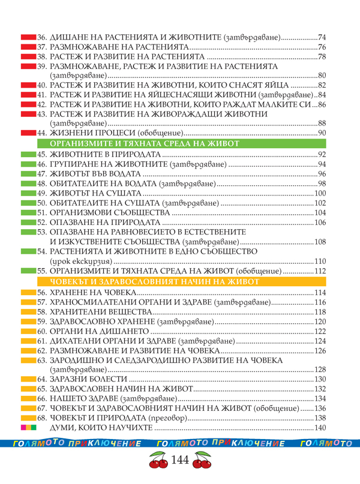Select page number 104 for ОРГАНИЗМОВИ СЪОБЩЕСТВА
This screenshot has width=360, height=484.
tap(319, 212)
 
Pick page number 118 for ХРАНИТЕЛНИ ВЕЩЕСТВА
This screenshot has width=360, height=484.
tap(319, 312)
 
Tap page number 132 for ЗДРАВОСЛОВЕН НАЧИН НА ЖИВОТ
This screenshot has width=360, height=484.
tap(319, 389)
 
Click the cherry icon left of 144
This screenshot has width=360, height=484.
tap(158, 462)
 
